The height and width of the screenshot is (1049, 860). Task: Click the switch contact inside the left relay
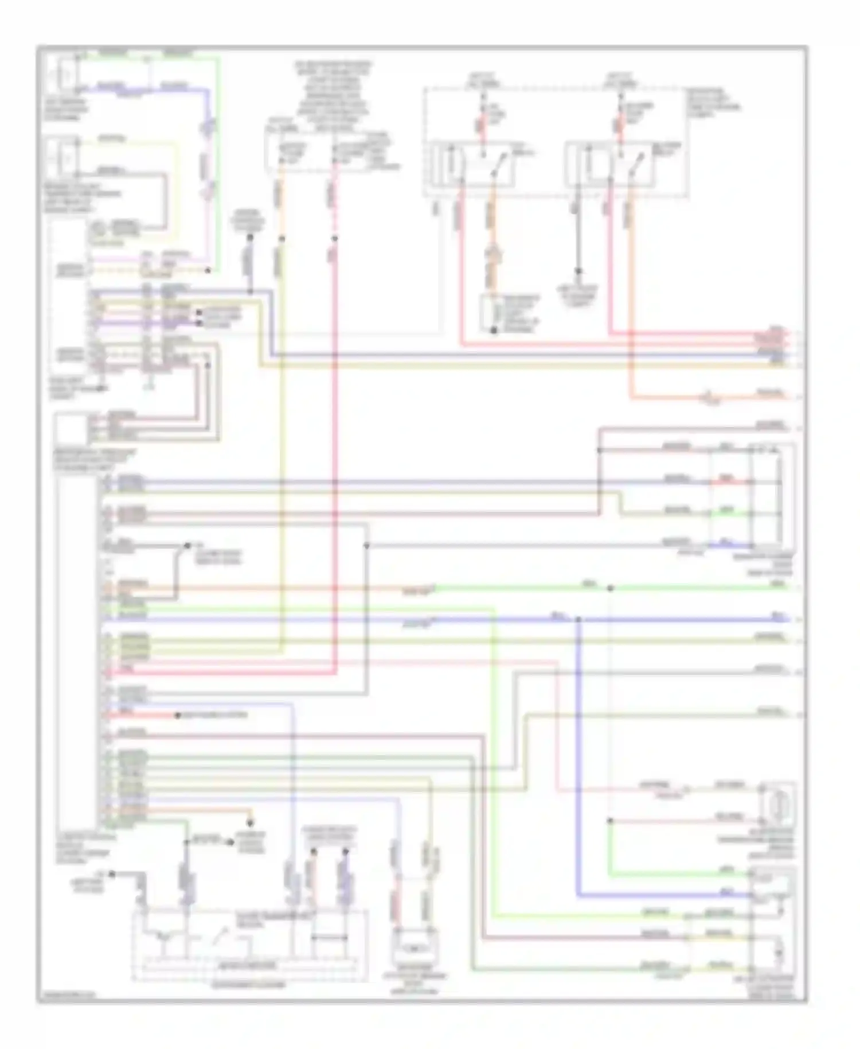[498, 164]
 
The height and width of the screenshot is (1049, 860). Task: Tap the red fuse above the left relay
[481, 126]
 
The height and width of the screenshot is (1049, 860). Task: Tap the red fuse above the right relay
[620, 126]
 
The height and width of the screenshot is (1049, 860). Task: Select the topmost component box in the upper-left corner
[64, 75]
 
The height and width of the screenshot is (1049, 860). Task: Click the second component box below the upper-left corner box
[64, 156]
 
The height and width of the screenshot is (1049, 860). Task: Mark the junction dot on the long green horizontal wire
[611, 588]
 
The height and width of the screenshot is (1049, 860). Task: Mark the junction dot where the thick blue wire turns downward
[578, 619]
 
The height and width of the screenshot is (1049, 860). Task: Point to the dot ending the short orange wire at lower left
[250, 823]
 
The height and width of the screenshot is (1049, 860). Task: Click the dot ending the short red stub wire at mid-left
[178, 716]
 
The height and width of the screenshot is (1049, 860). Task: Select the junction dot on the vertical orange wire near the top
[281, 238]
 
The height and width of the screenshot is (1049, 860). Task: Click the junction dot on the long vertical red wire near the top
[335, 238]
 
